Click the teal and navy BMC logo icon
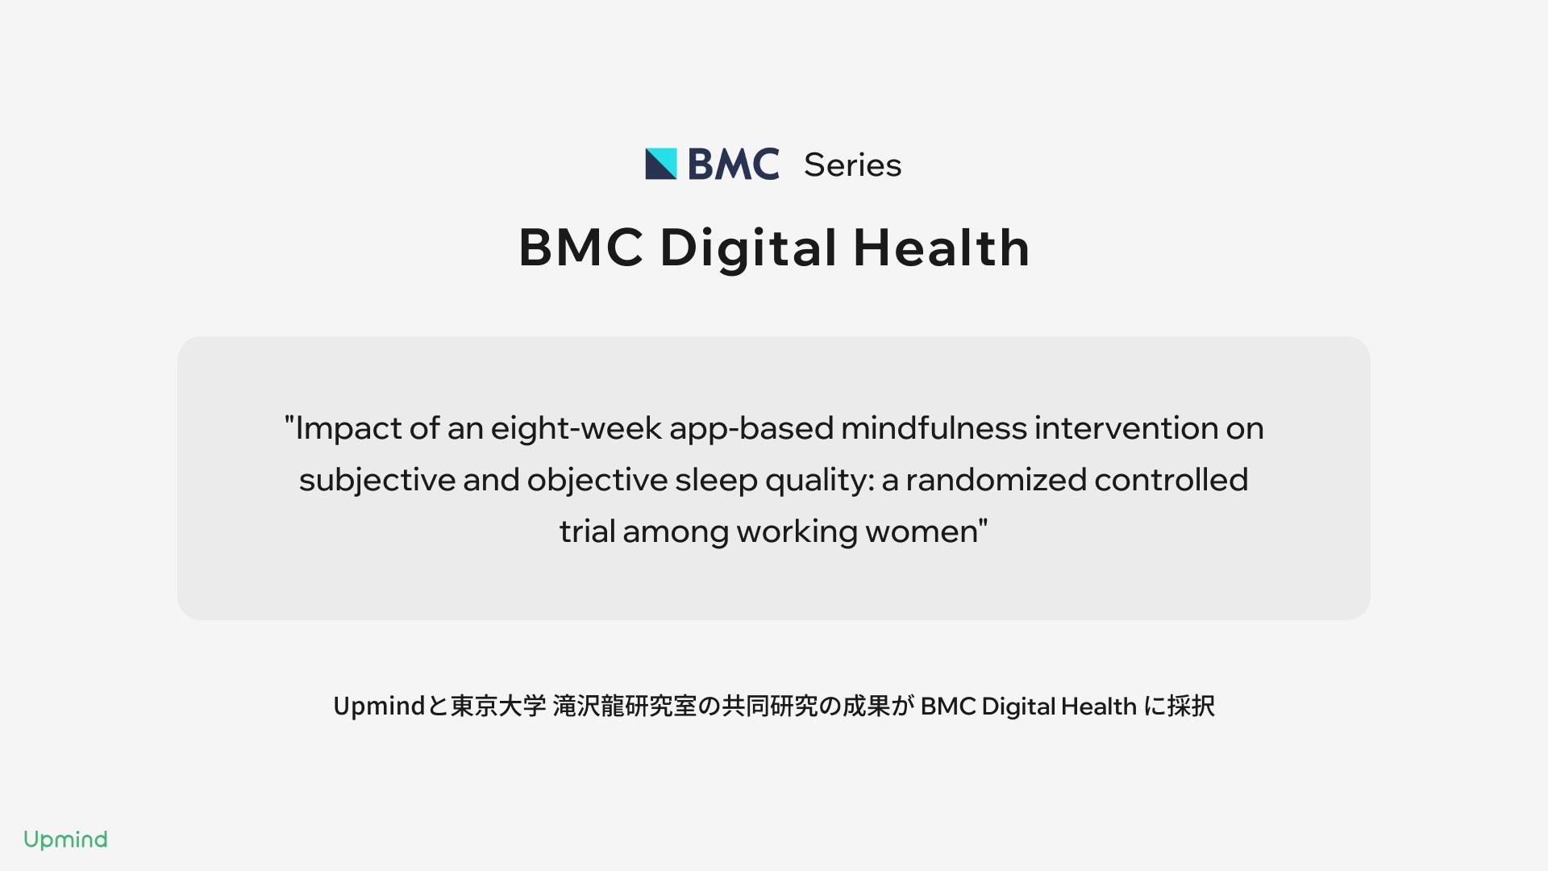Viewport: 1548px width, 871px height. (x=661, y=164)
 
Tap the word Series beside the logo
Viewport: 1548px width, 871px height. (x=852, y=165)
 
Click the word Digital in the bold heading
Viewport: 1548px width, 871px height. (x=748, y=249)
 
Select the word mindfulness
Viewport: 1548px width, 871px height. (x=934, y=427)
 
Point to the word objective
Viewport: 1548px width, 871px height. (x=597, y=481)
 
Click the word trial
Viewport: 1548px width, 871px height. (x=587, y=531)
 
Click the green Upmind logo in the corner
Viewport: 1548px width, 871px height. (x=65, y=840)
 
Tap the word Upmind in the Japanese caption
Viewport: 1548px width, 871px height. (x=379, y=706)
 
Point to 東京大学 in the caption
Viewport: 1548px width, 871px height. (x=498, y=706)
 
